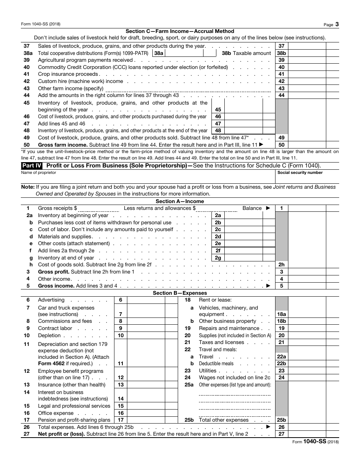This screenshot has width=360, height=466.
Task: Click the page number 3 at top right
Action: [x=337, y=24]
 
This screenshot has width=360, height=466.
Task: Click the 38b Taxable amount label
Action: [x=246, y=53]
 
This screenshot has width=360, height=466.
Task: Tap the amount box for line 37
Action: [x=307, y=46]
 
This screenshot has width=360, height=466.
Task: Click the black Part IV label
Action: [x=32, y=166]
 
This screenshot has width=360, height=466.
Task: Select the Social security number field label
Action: [x=300, y=173]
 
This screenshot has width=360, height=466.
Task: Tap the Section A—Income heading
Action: [x=180, y=202]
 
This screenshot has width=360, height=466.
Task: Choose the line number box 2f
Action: [x=218, y=251]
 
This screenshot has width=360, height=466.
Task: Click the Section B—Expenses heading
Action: [x=180, y=293]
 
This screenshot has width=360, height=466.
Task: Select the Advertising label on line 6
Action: [x=51, y=300]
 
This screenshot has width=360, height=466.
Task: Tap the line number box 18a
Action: [x=282, y=314]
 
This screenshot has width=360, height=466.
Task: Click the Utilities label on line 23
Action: [x=208, y=371]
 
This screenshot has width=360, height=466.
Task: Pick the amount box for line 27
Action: [x=307, y=434]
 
